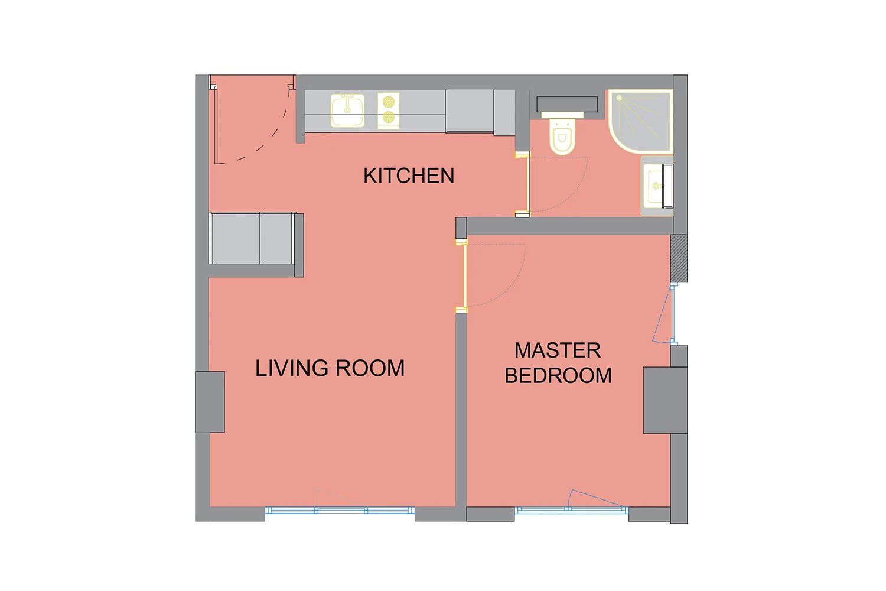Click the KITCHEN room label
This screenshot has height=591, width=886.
(x=409, y=176)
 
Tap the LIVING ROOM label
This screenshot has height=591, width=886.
(x=330, y=368)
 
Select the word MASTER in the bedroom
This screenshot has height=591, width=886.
(x=558, y=350)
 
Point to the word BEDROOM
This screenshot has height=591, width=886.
(x=558, y=375)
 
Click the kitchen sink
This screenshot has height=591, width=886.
(x=347, y=111)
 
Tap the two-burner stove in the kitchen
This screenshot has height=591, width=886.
(x=389, y=111)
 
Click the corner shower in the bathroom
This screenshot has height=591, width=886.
(x=641, y=122)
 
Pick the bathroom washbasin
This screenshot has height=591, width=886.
(x=657, y=186)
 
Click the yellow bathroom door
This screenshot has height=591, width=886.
(x=527, y=185)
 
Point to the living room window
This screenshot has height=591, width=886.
(x=340, y=510)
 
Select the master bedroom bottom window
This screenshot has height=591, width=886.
(x=572, y=510)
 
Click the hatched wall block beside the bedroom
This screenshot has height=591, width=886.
(x=679, y=258)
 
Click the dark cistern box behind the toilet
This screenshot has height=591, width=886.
(x=567, y=104)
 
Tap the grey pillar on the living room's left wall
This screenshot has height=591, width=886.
(x=210, y=402)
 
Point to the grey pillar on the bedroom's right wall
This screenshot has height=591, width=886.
(x=665, y=400)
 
